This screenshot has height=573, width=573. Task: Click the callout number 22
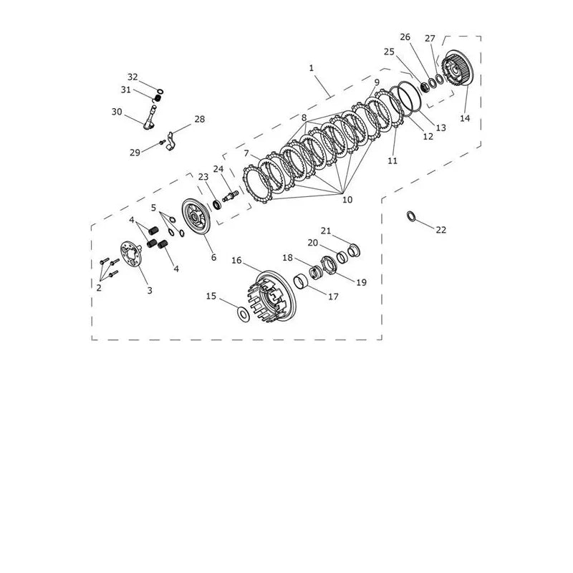point(441,229)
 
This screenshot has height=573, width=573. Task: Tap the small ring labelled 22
point(410,216)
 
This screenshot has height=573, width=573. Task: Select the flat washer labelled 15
point(244,314)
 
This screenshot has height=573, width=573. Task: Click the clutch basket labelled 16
point(271,297)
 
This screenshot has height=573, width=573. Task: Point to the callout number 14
point(465,118)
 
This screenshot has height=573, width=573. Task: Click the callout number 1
point(312,68)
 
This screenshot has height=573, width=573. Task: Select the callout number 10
point(347,200)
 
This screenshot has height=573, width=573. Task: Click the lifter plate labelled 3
point(130,256)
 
